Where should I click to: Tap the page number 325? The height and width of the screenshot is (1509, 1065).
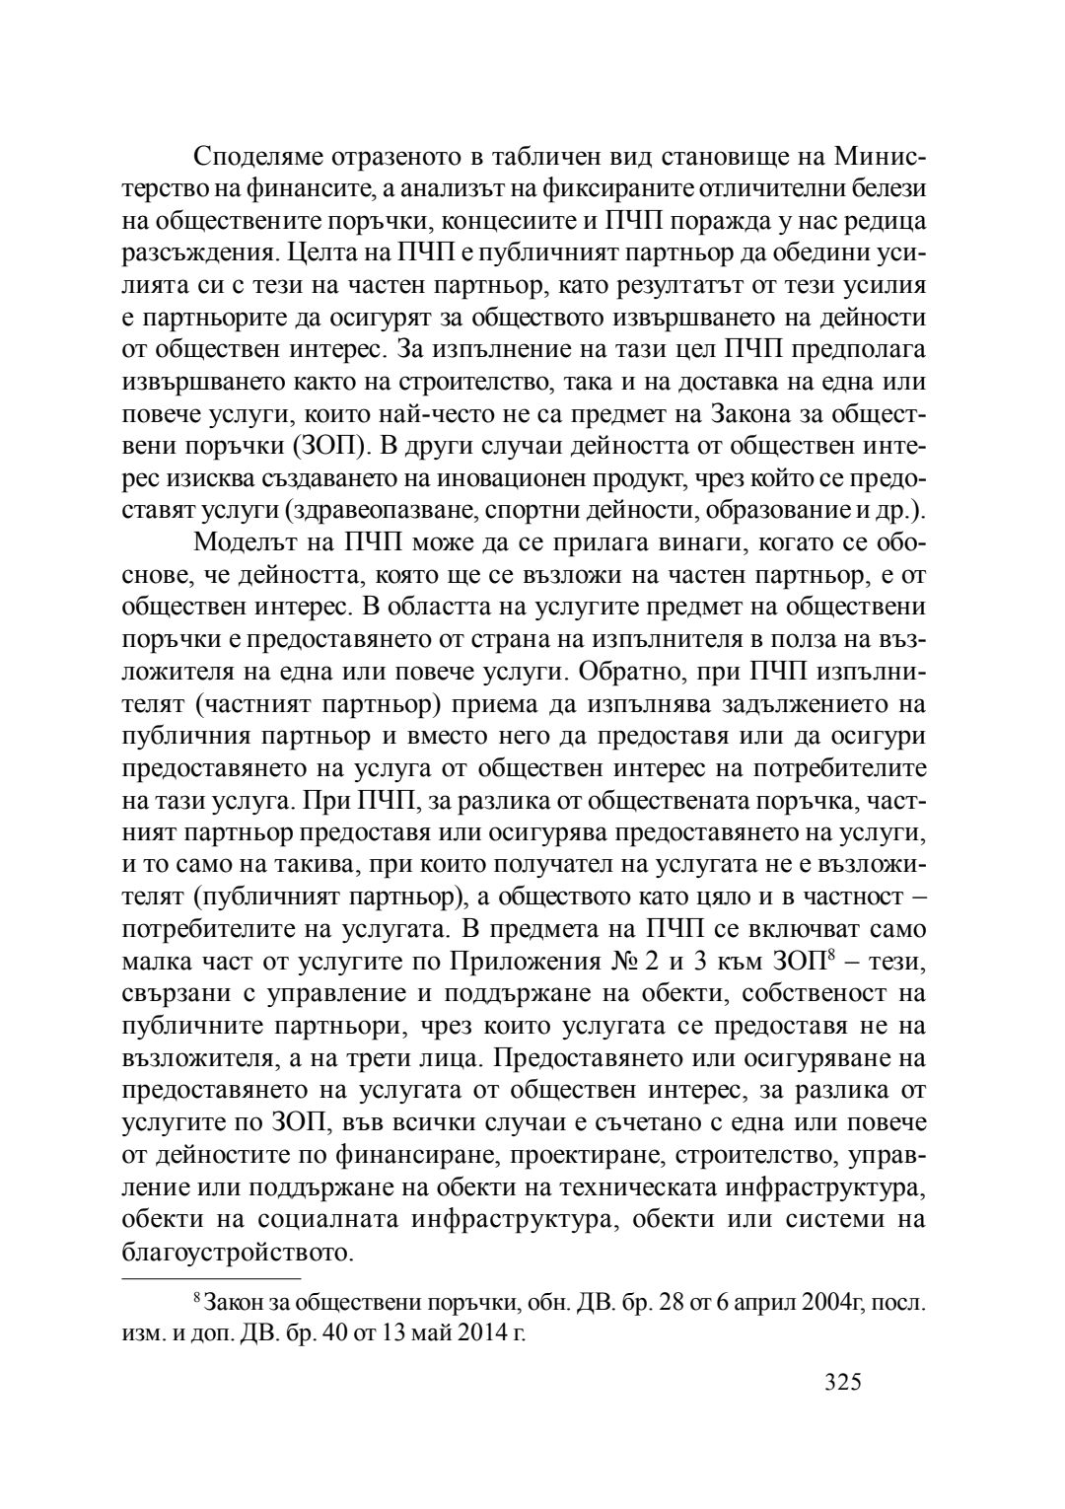pos(843,1381)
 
